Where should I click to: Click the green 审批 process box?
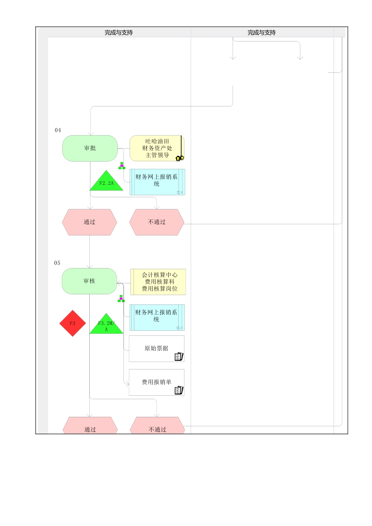[x=90, y=148]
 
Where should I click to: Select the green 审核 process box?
[x=89, y=281]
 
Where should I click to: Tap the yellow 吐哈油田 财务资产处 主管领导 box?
[x=157, y=148]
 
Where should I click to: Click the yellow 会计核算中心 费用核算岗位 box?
[x=158, y=282]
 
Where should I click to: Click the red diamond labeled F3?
[x=72, y=324]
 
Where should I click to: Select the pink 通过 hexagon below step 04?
[x=89, y=222]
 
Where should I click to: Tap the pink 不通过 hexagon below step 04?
[x=157, y=222]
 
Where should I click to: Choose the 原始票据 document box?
[x=156, y=348]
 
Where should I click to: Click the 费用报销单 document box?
[x=156, y=382]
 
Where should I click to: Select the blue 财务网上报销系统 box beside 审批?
[x=157, y=182]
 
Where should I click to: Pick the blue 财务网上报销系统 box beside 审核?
[x=157, y=317]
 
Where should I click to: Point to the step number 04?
[x=58, y=130]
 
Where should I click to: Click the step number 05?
[x=57, y=263]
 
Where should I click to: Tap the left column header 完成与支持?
[x=119, y=32]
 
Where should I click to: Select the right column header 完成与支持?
[x=262, y=32]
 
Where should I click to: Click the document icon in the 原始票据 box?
[x=179, y=357]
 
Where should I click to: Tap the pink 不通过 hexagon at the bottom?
[x=157, y=427]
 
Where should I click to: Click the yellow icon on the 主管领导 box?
[x=180, y=158]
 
